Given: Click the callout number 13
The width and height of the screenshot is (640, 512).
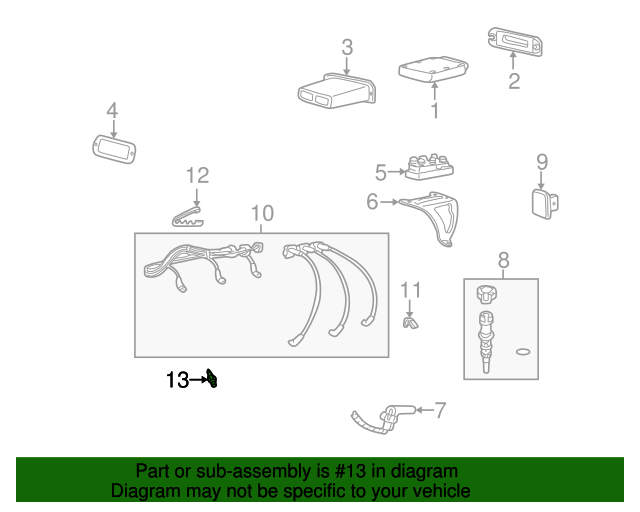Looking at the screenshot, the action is point(178,380).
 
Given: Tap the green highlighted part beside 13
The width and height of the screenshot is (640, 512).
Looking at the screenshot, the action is point(212,378).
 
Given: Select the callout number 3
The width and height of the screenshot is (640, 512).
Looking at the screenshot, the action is point(347,47).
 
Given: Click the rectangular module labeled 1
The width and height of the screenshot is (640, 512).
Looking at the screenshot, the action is point(433,70).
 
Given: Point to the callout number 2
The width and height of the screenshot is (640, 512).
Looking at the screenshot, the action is point(514,81).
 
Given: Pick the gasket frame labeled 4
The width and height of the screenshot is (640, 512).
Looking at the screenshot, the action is point(114,149).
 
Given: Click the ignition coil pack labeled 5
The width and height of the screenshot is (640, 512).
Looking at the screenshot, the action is point(429,167).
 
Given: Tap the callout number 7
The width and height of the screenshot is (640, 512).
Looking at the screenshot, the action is point(440,410).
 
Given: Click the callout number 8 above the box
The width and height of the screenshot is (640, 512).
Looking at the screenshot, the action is point(504,260).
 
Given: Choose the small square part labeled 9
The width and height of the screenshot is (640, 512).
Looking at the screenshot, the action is point(545,204).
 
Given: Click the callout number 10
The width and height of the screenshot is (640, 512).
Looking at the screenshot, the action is point(262,213).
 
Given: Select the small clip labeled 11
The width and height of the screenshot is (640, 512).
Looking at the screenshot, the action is point(410,322).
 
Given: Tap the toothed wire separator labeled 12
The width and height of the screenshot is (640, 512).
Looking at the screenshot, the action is point(187,217).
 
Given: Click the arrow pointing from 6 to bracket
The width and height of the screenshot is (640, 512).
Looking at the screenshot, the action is point(389,202).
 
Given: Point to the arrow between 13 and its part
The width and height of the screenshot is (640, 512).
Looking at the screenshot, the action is point(199,380).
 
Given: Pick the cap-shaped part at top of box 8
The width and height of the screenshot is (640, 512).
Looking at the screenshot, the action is point(487,294).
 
